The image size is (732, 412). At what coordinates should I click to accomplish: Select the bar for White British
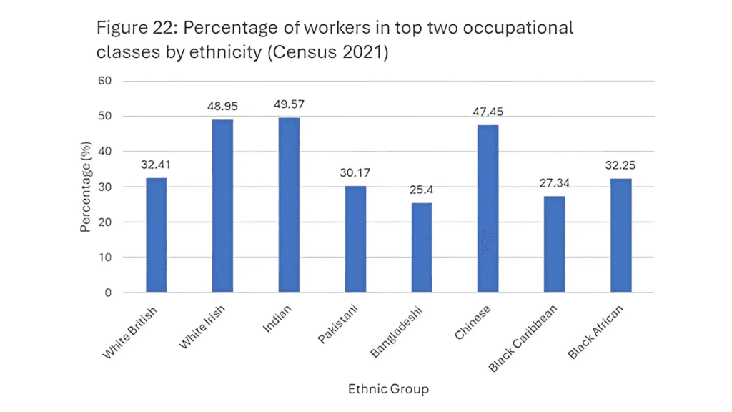pos(156,235)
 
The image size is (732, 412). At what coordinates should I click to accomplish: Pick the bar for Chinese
pos(488,209)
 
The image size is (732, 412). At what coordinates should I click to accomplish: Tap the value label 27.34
pos(555,182)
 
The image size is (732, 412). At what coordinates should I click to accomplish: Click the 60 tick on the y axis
pos(105,81)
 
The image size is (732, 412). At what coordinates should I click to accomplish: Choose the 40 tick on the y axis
pos(105,152)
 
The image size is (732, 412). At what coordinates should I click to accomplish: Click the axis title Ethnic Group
pos(389,389)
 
